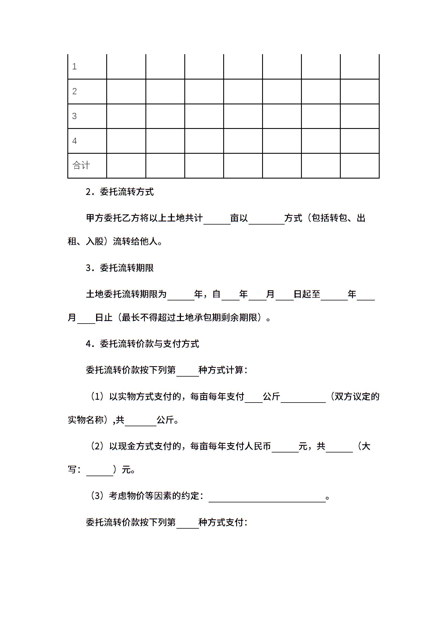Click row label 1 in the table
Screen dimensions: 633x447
click(x=74, y=67)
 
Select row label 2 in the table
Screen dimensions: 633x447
click(x=74, y=91)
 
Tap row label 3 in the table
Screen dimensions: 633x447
click(x=74, y=116)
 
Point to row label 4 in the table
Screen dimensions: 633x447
click(x=74, y=141)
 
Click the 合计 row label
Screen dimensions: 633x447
click(x=81, y=165)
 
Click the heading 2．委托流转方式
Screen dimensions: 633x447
click(x=120, y=192)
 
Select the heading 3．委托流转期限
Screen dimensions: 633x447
click(x=120, y=268)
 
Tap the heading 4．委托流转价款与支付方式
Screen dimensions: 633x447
click(x=142, y=344)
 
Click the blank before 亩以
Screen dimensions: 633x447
click(x=217, y=219)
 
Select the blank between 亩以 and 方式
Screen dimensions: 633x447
click(x=266, y=219)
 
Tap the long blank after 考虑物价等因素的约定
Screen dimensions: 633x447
click(x=267, y=497)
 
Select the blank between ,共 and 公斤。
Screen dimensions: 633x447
click(x=140, y=421)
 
